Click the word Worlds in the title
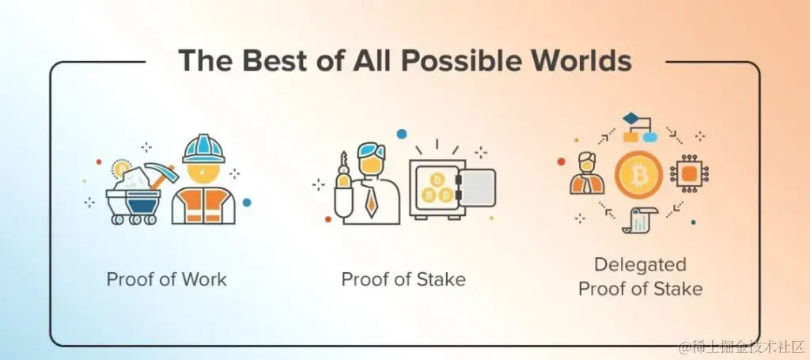580,61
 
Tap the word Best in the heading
274,61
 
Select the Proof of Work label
166,279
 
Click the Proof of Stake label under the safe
403,279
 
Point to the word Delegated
640,265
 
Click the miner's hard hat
203,148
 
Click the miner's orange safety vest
203,206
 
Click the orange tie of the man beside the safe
370,202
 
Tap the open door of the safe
475,188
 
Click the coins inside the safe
437,188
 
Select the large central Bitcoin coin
639,176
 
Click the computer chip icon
689,175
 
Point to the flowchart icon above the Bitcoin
639,127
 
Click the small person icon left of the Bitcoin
588,173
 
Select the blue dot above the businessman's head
401,134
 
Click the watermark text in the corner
741,347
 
